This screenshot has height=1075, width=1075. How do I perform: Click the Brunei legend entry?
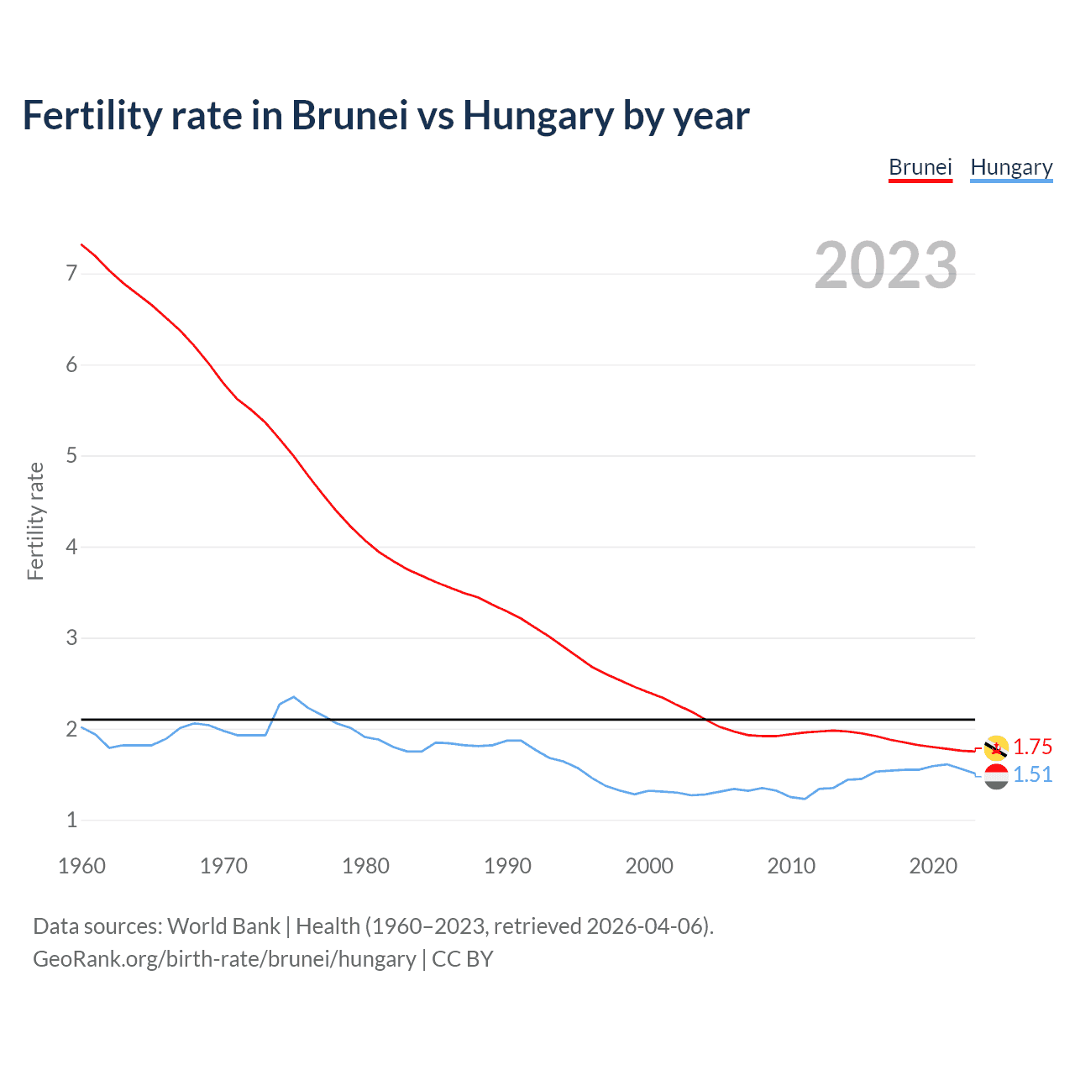click(x=920, y=167)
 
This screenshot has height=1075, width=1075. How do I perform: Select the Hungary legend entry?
click(x=1011, y=167)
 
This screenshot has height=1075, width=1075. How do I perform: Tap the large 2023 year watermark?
click(x=885, y=265)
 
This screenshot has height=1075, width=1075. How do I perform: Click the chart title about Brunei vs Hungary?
click(x=385, y=116)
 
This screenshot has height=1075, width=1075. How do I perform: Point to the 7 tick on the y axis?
click(x=72, y=274)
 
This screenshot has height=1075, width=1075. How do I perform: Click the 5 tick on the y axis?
click(x=72, y=456)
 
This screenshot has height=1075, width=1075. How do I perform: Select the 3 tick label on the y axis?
click(x=72, y=638)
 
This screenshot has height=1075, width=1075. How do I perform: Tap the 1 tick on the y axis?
click(x=72, y=821)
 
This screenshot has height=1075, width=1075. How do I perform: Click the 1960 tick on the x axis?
click(x=81, y=866)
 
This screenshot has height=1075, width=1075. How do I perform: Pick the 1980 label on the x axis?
click(x=365, y=866)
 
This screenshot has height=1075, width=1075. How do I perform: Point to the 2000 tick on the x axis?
click(x=649, y=866)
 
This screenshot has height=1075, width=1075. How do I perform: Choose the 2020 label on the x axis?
click(x=933, y=866)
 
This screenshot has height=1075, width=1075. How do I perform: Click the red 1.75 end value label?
click(x=1032, y=747)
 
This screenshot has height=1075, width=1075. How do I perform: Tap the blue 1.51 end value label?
click(x=1032, y=774)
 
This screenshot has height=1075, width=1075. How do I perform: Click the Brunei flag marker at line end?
click(x=996, y=747)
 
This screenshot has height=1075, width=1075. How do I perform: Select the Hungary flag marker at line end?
click(x=996, y=777)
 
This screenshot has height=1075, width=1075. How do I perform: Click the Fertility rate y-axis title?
click(x=35, y=521)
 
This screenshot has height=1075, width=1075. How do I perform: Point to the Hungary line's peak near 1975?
click(x=293, y=697)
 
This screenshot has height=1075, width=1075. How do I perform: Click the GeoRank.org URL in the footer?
click(x=224, y=959)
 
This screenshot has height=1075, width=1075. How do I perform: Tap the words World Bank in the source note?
click(x=223, y=926)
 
